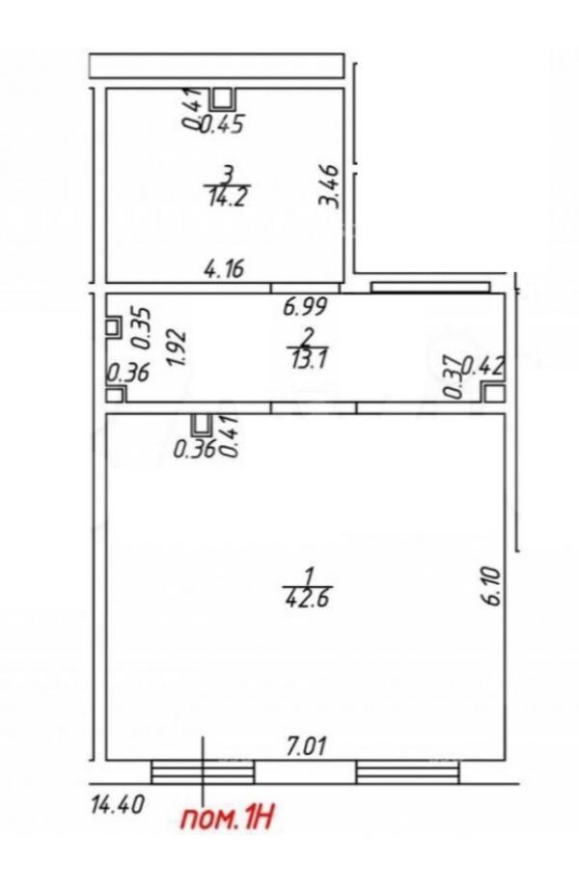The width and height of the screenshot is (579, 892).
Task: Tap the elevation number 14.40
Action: click(x=118, y=805)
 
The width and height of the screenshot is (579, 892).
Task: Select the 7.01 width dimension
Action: click(x=307, y=746)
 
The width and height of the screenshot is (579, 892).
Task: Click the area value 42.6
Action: click(x=307, y=599)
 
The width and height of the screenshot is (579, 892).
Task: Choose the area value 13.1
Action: click(x=308, y=359)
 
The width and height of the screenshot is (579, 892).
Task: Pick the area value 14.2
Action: click(x=228, y=197)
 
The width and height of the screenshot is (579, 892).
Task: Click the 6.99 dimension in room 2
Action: click(x=306, y=307)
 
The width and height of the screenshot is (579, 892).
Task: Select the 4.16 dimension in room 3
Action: click(x=224, y=268)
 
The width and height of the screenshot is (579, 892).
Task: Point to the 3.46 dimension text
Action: click(x=330, y=186)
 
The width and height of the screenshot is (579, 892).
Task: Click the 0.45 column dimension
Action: click(x=222, y=124)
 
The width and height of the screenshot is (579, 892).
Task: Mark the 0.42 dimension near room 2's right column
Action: click(x=482, y=367)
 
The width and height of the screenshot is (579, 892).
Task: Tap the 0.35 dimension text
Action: click(x=142, y=328)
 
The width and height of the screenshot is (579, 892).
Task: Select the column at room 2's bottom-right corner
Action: click(x=492, y=392)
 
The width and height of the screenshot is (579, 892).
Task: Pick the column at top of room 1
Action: click(x=202, y=424)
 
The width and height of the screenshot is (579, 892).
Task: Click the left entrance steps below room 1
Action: click(x=203, y=772)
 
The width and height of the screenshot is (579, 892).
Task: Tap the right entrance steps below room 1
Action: click(x=407, y=772)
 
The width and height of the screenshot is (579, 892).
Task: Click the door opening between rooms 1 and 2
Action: click(x=314, y=407)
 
